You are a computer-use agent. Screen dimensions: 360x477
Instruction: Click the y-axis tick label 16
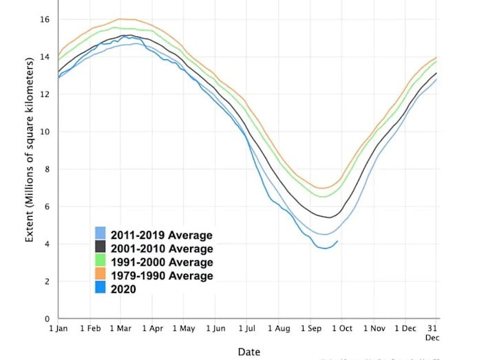[x=46, y=19]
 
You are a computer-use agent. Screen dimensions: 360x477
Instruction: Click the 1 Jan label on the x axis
[x=58, y=329]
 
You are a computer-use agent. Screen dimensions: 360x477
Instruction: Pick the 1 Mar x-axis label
[x=120, y=329]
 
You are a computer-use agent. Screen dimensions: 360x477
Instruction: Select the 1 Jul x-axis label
[x=247, y=329]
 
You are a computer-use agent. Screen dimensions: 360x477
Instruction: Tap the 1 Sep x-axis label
[x=310, y=329]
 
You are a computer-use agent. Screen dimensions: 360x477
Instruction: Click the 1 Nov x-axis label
[x=374, y=329]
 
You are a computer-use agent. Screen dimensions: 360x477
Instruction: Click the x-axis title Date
[x=248, y=352]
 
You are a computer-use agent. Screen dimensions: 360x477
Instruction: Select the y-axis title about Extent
[x=30, y=150]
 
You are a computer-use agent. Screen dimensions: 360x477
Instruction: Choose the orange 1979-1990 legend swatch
[x=100, y=275]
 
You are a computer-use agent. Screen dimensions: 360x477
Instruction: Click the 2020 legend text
[x=123, y=289]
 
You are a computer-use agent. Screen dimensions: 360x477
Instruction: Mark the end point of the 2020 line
[x=337, y=241]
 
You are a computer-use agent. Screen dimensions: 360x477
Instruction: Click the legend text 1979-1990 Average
[x=162, y=275]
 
